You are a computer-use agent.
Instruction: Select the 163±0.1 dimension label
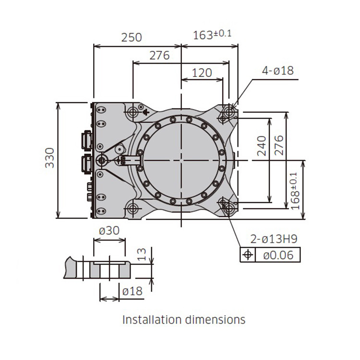(212, 35)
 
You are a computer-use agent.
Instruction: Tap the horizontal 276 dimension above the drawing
(159, 55)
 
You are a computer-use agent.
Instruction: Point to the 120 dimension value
(202, 73)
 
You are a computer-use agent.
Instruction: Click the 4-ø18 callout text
(277, 71)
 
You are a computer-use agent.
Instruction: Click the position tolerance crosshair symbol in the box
(248, 255)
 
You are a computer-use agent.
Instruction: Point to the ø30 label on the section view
(109, 230)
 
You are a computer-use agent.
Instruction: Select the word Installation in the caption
(150, 319)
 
